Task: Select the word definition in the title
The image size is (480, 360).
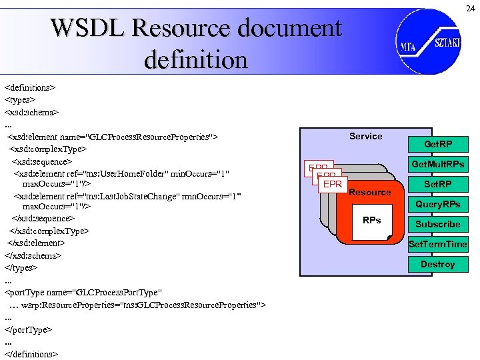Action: click(195, 60)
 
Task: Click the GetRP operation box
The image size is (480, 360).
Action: click(438, 144)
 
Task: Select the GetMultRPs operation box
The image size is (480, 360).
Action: click(438, 164)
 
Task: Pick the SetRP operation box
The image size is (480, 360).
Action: click(438, 184)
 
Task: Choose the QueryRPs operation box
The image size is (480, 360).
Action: click(438, 204)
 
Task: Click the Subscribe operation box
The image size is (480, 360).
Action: click(438, 224)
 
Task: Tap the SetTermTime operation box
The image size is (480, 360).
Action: click(438, 244)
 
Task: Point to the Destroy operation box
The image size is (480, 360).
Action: click(438, 264)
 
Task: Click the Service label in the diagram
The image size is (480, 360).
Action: click(366, 136)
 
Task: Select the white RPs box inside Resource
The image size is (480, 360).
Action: click(371, 221)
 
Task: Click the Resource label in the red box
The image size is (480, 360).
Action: click(370, 192)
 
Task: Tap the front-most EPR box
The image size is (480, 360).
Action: click(332, 184)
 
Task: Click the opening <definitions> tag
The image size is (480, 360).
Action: click(30, 87)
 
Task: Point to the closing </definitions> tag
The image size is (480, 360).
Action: click(32, 354)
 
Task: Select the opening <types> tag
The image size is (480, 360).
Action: click(20, 99)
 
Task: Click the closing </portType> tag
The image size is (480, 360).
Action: click(29, 329)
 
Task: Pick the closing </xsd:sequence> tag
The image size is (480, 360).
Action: click(43, 218)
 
